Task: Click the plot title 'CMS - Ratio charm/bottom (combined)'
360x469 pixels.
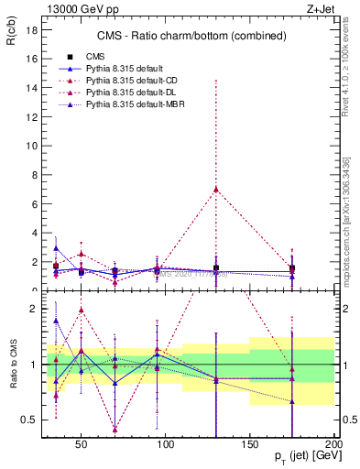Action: coord(181,36)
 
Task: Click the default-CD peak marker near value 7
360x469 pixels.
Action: coord(215,190)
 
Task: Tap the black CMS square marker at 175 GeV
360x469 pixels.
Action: coord(292,268)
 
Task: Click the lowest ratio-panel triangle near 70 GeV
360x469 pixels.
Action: coord(115,429)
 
